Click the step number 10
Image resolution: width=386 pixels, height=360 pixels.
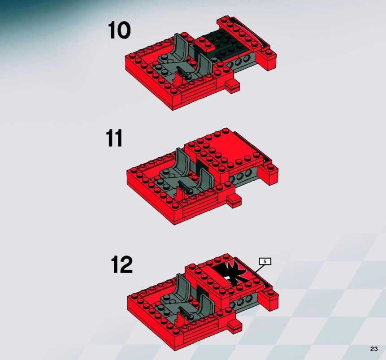point(119,30)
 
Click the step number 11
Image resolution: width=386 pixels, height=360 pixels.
point(114,138)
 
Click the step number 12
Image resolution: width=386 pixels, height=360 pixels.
point(121,264)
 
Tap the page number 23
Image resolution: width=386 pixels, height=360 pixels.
point(374,349)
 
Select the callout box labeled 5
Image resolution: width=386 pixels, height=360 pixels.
point(265,261)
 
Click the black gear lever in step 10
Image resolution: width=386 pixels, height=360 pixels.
point(183,73)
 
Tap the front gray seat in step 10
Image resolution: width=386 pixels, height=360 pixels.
point(204,65)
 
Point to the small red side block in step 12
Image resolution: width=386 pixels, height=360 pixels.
point(234,326)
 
